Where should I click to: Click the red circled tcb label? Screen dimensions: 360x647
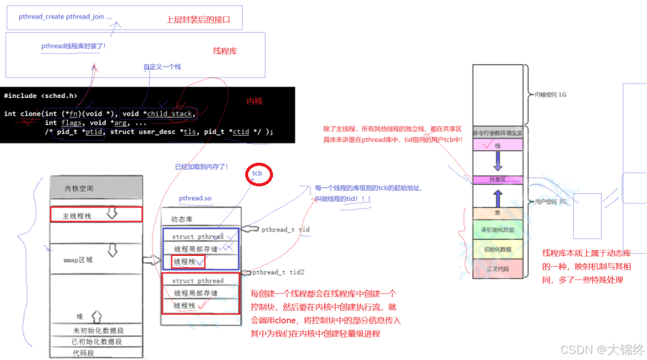[259, 174]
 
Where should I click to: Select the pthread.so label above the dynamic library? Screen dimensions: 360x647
[195, 198]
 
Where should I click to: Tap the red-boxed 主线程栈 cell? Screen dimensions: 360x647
[96, 215]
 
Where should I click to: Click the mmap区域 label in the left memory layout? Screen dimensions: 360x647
[78, 260]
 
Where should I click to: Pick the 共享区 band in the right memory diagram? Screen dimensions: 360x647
[497, 179]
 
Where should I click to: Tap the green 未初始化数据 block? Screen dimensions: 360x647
[497, 230]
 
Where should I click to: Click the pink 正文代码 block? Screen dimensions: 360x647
[497, 269]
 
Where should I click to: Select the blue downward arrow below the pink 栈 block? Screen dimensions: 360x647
[497, 162]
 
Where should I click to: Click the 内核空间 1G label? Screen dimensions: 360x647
[550, 95]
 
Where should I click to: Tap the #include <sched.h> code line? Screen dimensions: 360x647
[41, 96]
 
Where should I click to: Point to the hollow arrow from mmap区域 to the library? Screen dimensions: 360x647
[151, 260]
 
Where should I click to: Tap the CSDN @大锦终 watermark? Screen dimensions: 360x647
[602, 349]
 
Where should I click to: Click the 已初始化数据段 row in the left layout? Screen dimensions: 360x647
[97, 341]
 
